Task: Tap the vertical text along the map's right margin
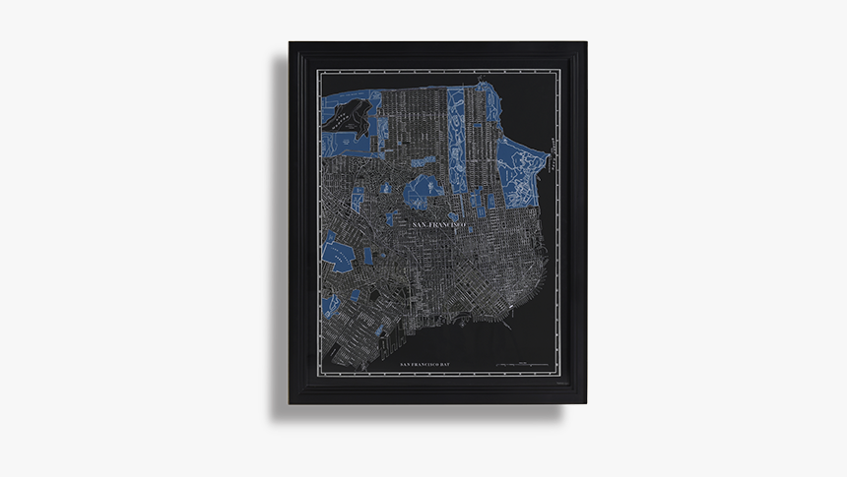click(554, 157)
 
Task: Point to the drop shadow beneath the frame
click(423, 413)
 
